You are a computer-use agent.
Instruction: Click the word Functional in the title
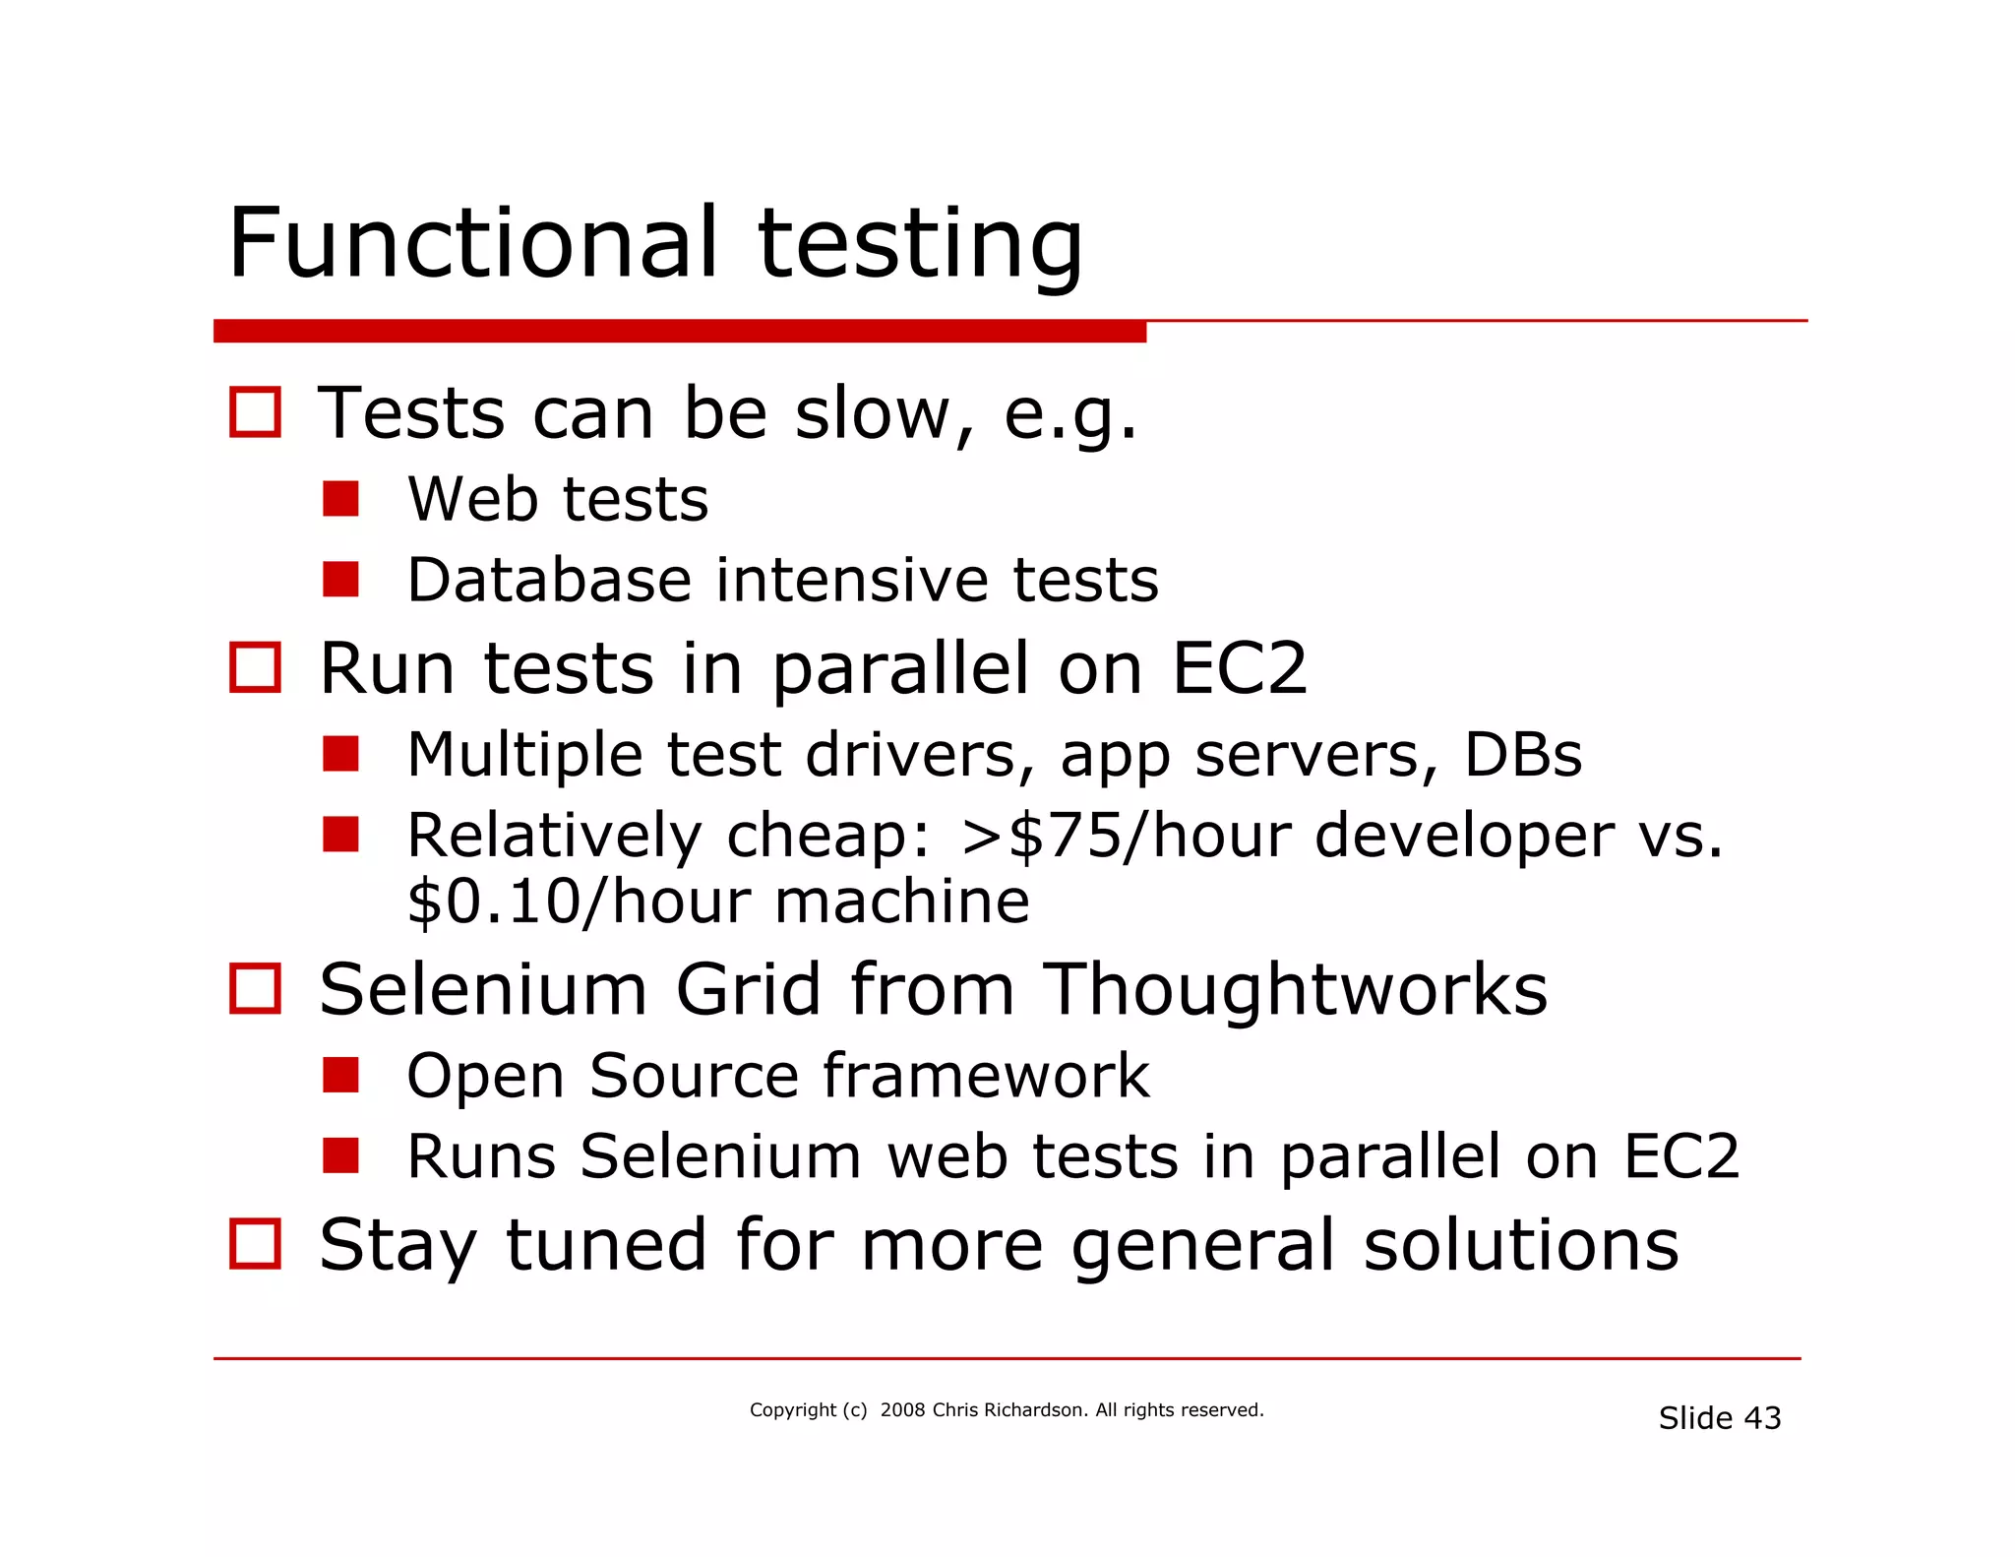(x=472, y=243)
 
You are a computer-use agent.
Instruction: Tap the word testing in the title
(x=920, y=246)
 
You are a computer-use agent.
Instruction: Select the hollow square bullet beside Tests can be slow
(x=255, y=411)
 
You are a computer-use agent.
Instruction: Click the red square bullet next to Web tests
(x=340, y=499)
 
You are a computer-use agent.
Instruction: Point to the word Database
(x=549, y=580)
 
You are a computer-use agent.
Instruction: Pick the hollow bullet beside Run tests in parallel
(x=255, y=667)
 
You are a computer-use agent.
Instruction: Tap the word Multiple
(x=524, y=755)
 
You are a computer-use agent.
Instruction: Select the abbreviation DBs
(x=1523, y=755)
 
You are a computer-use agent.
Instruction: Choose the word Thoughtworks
(x=1295, y=989)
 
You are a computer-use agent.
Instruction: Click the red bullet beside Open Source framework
(x=340, y=1075)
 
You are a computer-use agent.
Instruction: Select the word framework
(x=986, y=1075)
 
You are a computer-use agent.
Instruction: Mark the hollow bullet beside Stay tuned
(x=255, y=1243)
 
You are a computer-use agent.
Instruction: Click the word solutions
(x=1521, y=1245)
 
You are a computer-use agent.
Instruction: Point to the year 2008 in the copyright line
(x=902, y=1410)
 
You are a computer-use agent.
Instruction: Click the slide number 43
(x=1762, y=1418)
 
